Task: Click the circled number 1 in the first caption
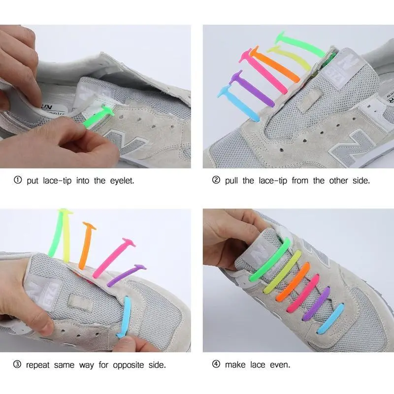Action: point(18,180)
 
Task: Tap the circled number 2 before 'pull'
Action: point(216,180)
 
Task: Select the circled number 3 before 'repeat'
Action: point(17,364)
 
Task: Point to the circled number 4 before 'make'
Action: point(216,364)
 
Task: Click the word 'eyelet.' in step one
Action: point(122,181)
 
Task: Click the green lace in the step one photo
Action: point(98,117)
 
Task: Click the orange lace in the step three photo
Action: point(86,245)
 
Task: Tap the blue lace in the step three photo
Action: point(126,317)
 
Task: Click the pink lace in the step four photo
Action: point(303,293)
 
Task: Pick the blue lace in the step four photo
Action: point(330,318)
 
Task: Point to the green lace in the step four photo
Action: point(270,260)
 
